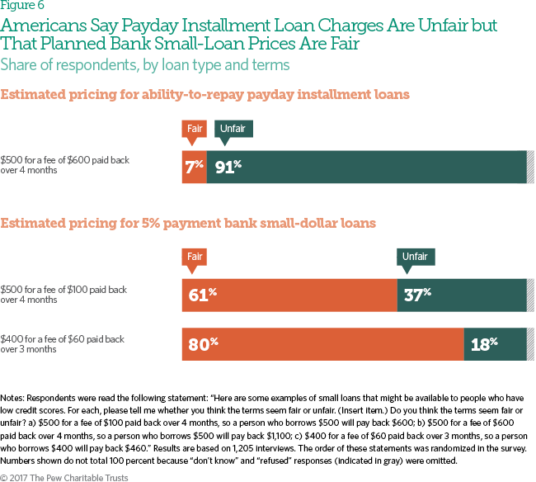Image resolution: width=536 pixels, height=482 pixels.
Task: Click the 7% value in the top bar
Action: [195, 167]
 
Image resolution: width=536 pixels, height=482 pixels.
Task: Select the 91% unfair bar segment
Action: [366, 167]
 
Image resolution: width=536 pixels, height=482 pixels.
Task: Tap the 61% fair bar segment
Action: [289, 294]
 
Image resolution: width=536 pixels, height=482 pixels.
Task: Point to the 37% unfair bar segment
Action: [461, 294]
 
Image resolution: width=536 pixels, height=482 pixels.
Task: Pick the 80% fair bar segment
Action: [322, 344]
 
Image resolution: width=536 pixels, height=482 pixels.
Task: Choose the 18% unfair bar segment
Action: [495, 344]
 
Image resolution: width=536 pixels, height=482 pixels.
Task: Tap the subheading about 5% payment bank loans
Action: [188, 223]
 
